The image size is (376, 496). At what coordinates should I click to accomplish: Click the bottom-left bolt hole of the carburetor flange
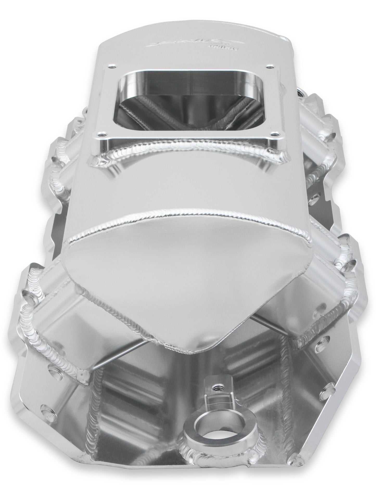(99, 135)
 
